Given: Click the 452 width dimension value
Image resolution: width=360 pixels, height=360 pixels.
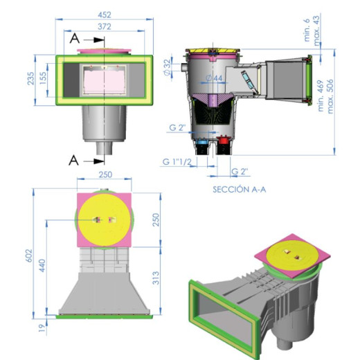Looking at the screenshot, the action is click(x=105, y=15).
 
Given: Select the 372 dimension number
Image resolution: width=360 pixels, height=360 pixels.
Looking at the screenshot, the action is click(x=105, y=27).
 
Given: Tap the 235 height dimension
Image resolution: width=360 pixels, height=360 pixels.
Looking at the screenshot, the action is click(x=31, y=78).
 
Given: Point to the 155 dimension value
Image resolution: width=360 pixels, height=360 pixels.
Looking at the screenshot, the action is click(x=43, y=78).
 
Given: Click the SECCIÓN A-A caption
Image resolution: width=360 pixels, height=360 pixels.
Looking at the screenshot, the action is click(x=240, y=190).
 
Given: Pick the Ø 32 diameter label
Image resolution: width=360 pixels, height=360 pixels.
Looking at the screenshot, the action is click(x=168, y=67).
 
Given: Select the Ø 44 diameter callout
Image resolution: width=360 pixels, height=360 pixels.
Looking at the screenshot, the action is click(x=215, y=78).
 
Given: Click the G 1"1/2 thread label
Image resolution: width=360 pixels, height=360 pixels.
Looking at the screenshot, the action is click(x=177, y=162).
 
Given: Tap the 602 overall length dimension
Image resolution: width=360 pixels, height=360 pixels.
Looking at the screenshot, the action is click(x=29, y=255).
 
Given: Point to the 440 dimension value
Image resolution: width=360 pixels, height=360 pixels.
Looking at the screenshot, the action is click(x=42, y=265).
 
